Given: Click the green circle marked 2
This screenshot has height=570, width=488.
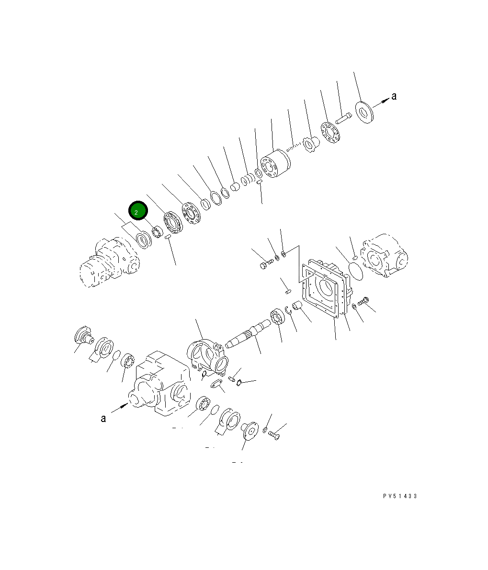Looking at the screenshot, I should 138,211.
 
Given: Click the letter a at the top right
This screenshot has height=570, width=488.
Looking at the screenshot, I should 394,96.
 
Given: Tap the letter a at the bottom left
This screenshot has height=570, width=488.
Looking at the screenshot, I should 103,418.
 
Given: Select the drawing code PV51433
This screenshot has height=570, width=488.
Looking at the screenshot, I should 400,496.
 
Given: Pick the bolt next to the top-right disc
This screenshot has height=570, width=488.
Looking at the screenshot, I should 343,117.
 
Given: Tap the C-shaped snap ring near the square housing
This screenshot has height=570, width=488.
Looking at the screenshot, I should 289,312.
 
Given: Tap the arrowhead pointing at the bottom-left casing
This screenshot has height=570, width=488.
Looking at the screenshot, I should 125,406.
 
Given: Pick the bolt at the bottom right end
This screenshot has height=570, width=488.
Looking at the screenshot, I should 274,435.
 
